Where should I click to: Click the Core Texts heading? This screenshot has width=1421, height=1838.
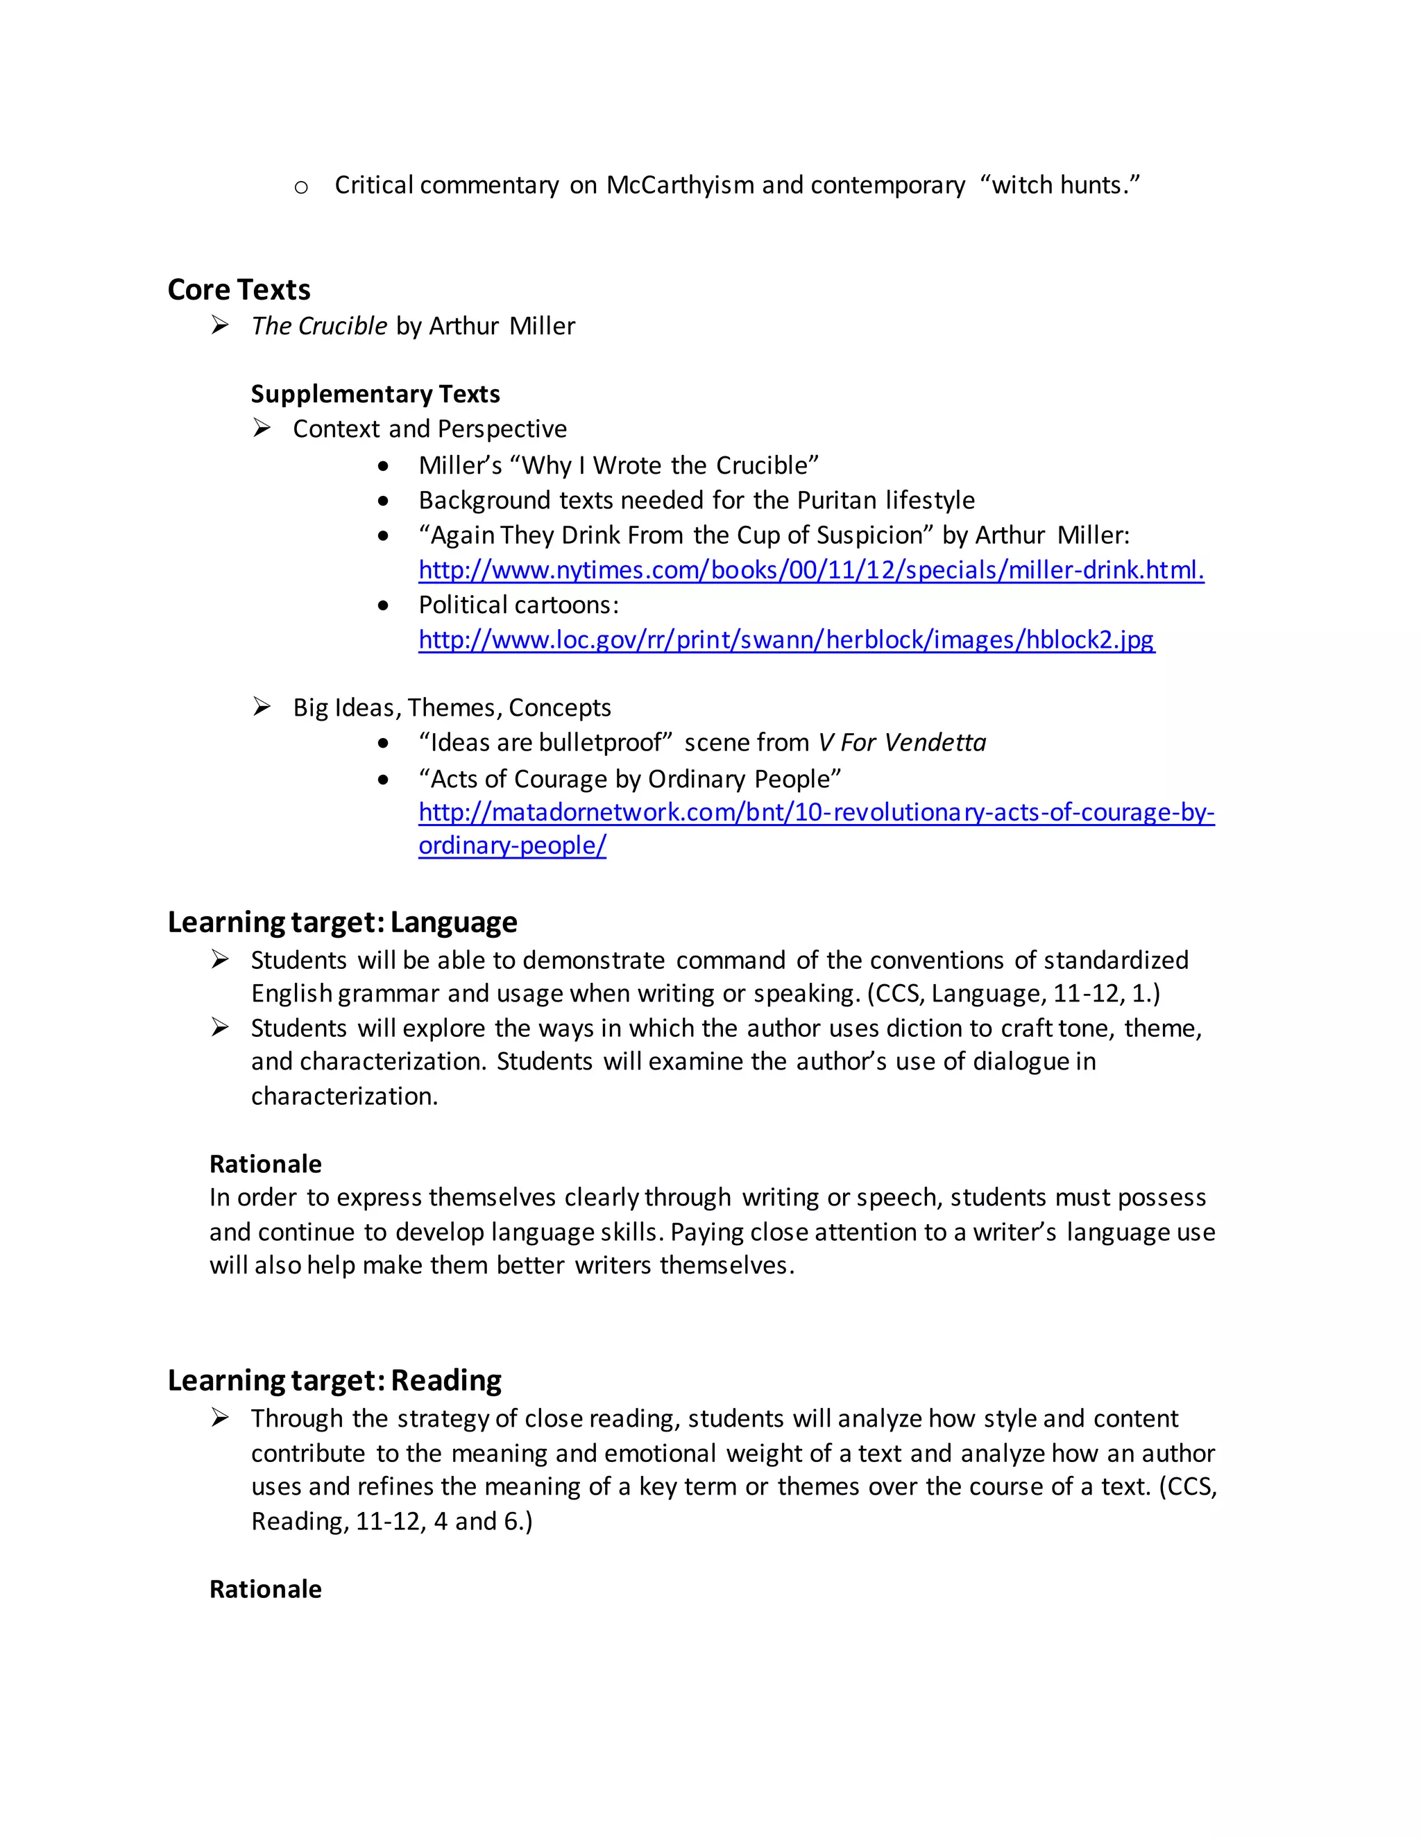point(239,289)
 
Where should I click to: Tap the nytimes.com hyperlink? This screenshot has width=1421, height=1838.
point(810,571)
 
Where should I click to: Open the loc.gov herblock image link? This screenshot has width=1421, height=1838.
point(786,640)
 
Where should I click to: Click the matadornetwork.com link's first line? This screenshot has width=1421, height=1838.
point(816,812)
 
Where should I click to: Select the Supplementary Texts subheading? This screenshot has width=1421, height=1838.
point(375,394)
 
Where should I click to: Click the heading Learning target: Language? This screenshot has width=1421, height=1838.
point(342,922)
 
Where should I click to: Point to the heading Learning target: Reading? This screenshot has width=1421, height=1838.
point(334,1380)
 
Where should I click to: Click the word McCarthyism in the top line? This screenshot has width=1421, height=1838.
point(679,185)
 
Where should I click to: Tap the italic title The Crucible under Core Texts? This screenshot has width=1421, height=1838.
point(319,327)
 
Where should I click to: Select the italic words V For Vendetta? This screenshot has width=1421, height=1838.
point(901,743)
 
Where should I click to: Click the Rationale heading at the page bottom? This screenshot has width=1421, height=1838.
point(265,1589)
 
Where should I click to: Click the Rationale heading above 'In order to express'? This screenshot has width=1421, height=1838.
point(265,1164)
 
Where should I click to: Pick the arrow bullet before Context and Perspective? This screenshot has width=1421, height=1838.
point(262,429)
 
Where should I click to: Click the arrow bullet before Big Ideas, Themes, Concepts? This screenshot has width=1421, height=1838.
point(262,707)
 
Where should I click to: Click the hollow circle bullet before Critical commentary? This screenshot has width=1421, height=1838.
point(301,187)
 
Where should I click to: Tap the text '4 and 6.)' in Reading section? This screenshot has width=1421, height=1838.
point(482,1521)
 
